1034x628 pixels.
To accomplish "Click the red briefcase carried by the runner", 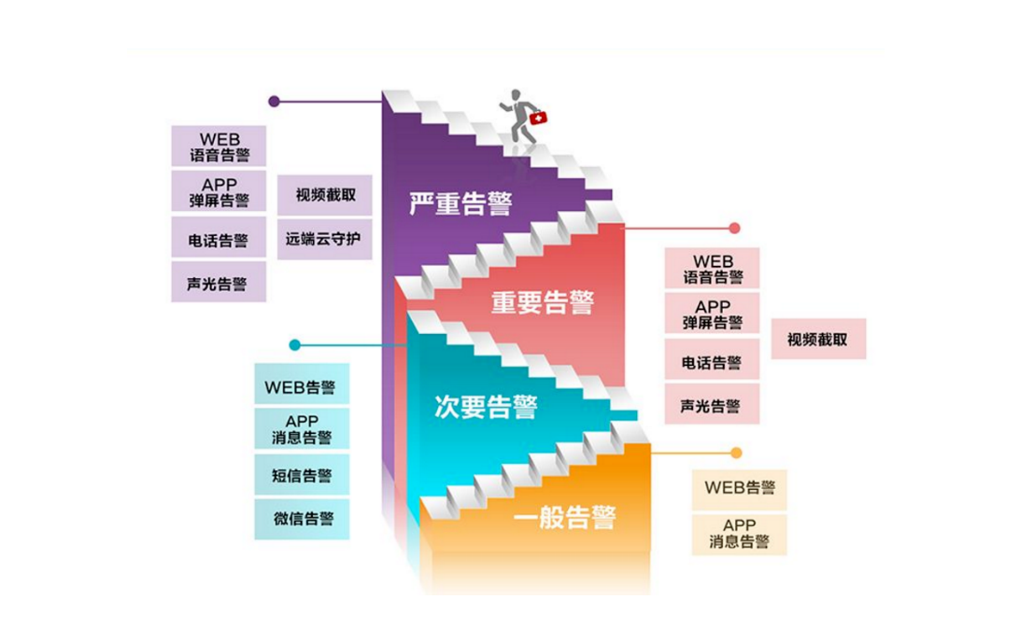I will [x=538, y=119].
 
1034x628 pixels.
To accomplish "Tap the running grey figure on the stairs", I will [x=519, y=116].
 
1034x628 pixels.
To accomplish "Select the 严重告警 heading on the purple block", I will [x=460, y=203].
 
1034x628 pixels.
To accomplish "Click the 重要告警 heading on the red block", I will [x=543, y=303].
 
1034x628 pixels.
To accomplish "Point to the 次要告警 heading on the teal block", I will [x=486, y=407].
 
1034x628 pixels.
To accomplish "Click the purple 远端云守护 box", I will [x=323, y=239].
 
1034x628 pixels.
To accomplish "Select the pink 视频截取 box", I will [x=818, y=339].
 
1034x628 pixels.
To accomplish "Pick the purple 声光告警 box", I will [x=218, y=282].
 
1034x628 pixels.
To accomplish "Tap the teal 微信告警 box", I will [x=303, y=519].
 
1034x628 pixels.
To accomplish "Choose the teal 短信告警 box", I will [x=303, y=475].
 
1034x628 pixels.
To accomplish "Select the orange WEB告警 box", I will [x=739, y=488].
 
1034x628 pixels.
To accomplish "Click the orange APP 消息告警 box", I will [x=739, y=534].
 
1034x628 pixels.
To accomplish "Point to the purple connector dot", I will [x=274, y=102].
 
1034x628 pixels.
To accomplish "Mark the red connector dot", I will [x=734, y=228].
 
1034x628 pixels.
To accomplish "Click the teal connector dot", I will [x=295, y=345].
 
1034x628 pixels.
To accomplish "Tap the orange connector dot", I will [x=736, y=453].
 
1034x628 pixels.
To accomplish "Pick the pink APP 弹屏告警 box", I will [x=712, y=314].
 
